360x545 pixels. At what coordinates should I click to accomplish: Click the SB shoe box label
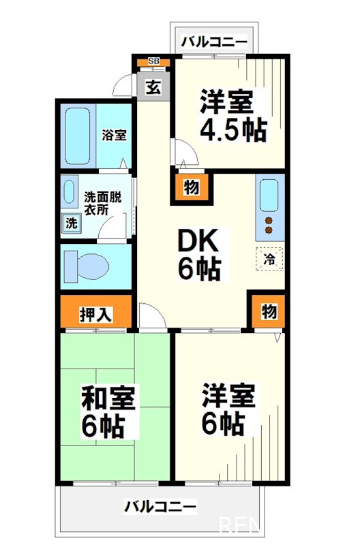(153, 62)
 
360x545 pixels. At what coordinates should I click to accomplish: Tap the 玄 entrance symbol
(153, 88)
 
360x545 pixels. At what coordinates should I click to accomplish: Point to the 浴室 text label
(114, 134)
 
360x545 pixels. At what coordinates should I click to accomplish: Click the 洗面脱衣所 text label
(102, 203)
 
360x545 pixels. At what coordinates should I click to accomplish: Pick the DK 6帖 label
(199, 255)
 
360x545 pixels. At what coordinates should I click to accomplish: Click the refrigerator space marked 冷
(269, 258)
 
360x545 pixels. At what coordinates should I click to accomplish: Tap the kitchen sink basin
(269, 196)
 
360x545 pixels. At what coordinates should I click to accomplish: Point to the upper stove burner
(269, 221)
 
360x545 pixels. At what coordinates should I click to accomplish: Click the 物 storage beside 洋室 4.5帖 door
(191, 189)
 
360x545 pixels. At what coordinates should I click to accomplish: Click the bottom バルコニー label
(160, 507)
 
